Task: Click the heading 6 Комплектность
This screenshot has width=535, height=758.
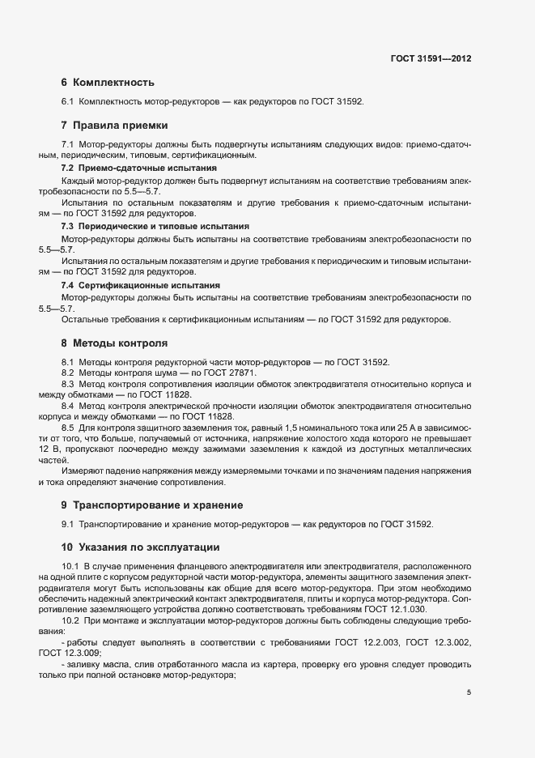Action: point(107,83)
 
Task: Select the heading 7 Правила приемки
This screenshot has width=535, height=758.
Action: point(113,126)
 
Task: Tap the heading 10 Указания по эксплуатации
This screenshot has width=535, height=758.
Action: point(140,546)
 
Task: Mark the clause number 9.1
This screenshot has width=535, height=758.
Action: point(68,524)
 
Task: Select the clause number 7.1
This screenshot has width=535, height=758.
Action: point(68,143)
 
